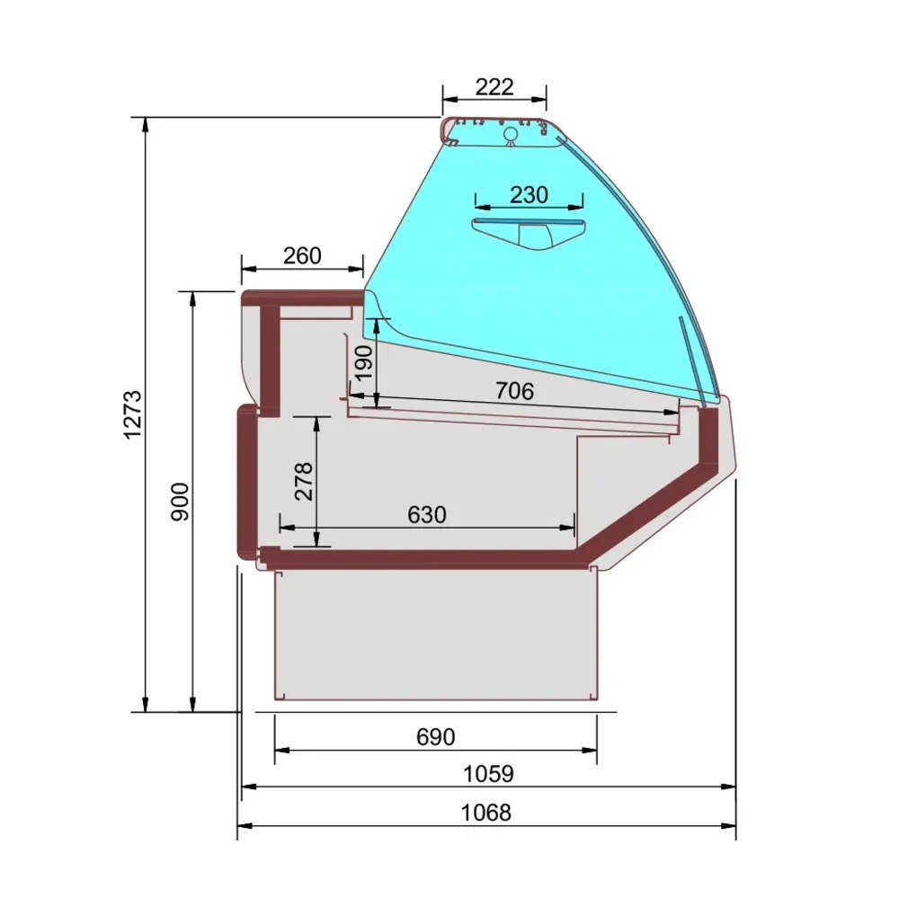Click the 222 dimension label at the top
coord(494,87)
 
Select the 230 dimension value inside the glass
coord(529,195)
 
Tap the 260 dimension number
coord(302,255)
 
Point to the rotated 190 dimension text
coord(363,362)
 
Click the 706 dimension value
coord(514,391)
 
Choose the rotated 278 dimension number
coord(304,482)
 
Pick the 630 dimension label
coord(426,515)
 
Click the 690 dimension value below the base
coord(436,737)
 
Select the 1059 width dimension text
coord(488,774)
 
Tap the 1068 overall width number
coord(486,813)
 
